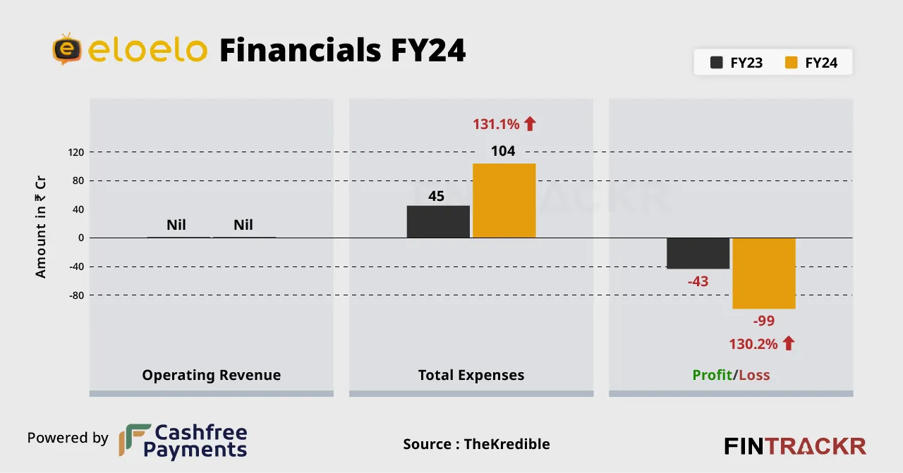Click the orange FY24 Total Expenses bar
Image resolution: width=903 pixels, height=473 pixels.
(504, 201)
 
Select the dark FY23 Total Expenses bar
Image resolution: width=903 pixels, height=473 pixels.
(438, 221)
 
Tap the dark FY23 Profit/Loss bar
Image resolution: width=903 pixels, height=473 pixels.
(698, 253)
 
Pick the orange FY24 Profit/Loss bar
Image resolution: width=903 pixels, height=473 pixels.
(764, 273)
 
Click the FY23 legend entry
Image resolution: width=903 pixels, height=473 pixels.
(736, 63)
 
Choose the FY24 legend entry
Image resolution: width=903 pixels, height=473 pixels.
(811, 63)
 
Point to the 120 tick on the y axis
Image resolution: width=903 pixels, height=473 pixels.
(76, 152)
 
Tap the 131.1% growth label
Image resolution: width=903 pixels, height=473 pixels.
(504, 125)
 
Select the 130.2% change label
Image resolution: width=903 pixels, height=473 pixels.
(762, 344)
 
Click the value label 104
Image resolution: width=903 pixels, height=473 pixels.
(504, 151)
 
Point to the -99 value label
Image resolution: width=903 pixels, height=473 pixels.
(764, 321)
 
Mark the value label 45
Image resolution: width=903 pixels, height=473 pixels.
(437, 196)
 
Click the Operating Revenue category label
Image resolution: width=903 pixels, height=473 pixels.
(211, 375)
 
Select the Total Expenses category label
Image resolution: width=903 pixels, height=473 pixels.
(471, 375)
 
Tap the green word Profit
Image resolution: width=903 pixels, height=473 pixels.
(711, 375)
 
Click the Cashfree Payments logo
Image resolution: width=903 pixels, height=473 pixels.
(183, 441)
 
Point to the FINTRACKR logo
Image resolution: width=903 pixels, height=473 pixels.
(795, 446)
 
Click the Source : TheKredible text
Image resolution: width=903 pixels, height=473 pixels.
(476, 444)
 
